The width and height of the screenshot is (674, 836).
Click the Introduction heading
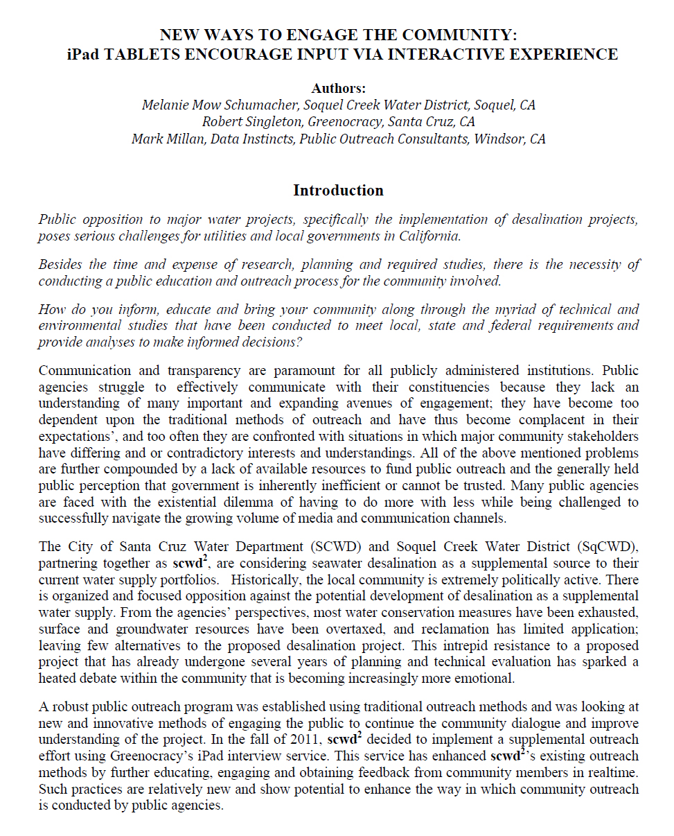[x=338, y=190]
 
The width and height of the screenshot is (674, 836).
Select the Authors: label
[x=338, y=88]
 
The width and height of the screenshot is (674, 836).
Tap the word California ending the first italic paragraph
[x=429, y=236]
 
